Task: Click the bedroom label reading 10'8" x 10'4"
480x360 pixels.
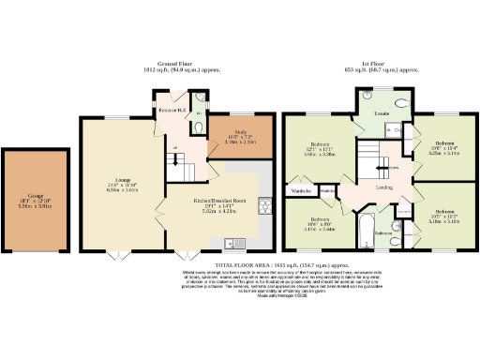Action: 442,144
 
